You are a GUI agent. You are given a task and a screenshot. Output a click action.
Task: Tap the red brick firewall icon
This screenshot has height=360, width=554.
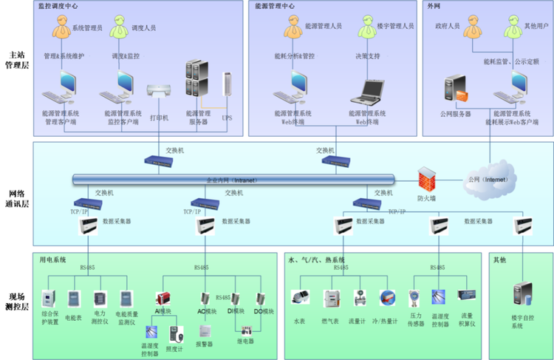(428, 177)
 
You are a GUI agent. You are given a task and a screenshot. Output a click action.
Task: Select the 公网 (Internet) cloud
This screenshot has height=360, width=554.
(488, 179)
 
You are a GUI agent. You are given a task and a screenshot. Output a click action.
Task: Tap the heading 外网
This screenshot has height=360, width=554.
(434, 5)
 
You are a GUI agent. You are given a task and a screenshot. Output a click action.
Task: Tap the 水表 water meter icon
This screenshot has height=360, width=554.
(300, 298)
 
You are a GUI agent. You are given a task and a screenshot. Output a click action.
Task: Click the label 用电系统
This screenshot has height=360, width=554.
(53, 260)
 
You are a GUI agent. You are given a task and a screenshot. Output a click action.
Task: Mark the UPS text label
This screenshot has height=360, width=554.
(227, 118)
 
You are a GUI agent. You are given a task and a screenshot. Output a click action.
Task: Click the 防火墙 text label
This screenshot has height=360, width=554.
(428, 197)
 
